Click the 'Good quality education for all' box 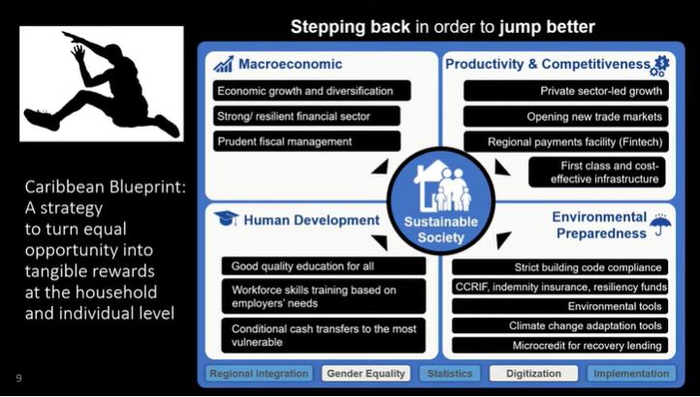click(323, 266)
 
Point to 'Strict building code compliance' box click(559, 266)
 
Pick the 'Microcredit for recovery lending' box click(559, 345)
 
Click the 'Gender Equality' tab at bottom click(366, 373)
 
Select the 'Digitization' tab click(531, 373)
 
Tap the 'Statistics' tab click(449, 373)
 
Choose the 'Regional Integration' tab click(259, 373)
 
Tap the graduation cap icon click(226, 219)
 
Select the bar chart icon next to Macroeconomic click(224, 65)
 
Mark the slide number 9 click(18, 377)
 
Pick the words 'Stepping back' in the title click(351, 27)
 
